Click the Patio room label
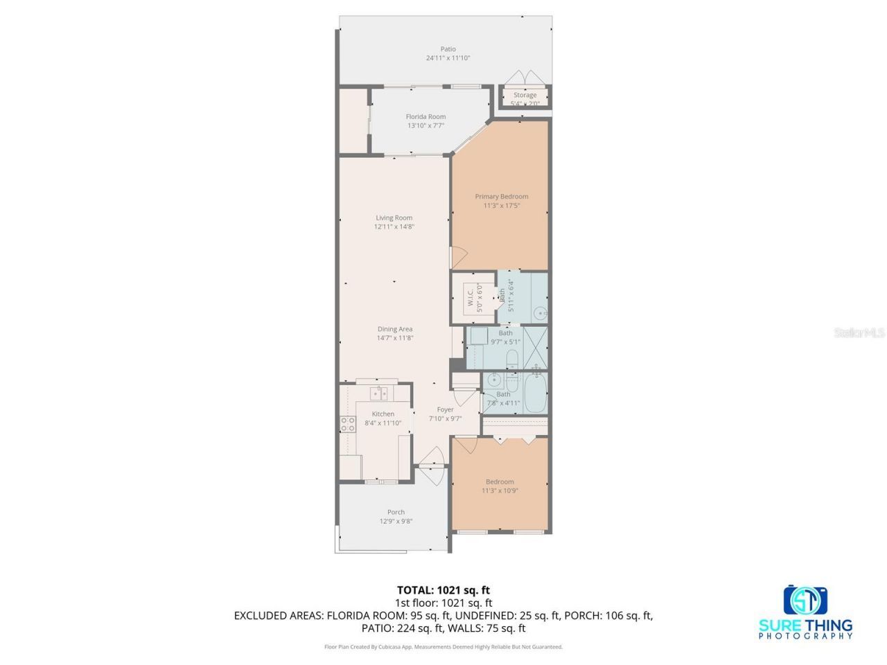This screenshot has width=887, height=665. point(448,49)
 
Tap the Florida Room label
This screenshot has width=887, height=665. point(425,116)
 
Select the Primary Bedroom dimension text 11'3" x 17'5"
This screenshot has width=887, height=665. point(501,205)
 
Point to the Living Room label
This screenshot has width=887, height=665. point(394,218)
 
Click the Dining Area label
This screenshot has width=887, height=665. point(395,329)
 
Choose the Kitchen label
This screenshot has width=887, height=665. point(383,414)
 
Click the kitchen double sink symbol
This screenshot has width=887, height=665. point(378,393)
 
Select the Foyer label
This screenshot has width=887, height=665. point(445,409)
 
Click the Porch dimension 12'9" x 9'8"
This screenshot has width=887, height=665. point(396,522)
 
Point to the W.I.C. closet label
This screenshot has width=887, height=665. point(471,298)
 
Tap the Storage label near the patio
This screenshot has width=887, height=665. point(525,95)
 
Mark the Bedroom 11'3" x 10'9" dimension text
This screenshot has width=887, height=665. point(500,490)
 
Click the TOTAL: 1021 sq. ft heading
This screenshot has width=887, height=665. point(443,590)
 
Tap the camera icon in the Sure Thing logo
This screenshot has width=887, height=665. point(806,600)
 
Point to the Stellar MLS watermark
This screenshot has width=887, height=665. point(859,333)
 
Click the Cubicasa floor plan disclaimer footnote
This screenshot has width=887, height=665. point(443,647)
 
